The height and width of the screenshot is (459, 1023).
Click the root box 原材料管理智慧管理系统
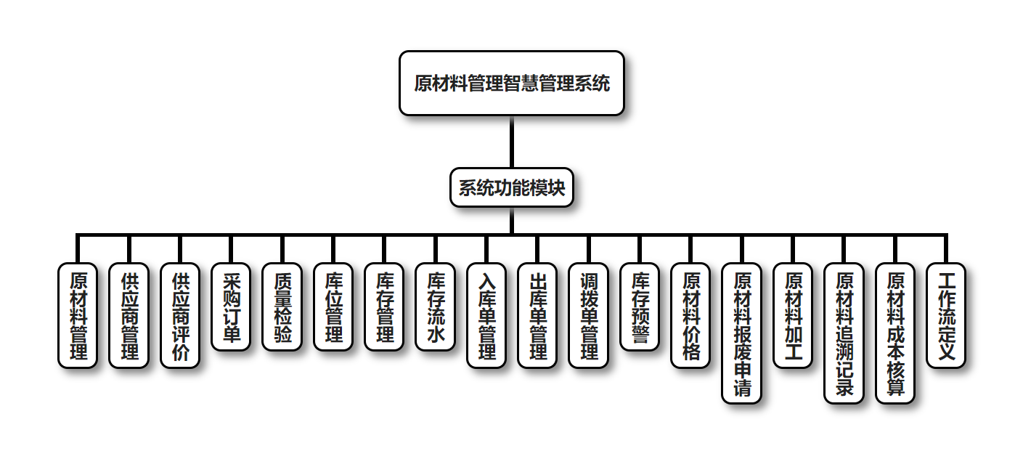[512, 83]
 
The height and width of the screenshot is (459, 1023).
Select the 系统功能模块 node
[512, 188]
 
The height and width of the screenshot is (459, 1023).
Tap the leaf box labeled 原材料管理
[77, 315]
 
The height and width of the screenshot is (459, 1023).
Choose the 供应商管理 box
[129, 315]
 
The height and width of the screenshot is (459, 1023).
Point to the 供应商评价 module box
[179, 315]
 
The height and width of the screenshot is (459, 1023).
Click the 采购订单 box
[231, 306]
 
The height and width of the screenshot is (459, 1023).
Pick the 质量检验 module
[282, 306]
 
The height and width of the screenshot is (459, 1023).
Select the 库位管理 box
[333, 306]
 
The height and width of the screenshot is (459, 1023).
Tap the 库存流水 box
[435, 306]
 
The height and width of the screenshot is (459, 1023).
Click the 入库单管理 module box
[486, 315]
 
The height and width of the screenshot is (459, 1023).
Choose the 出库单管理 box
[537, 315]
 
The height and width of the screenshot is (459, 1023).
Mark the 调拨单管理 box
[588, 315]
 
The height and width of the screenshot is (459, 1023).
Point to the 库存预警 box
[640, 306]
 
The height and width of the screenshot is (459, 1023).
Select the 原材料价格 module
[690, 315]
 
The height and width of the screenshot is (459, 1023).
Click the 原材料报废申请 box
[742, 333]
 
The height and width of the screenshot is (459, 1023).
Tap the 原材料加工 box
[793, 315]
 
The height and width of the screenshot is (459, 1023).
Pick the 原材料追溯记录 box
[844, 333]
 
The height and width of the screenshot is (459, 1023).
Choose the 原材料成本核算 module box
[895, 333]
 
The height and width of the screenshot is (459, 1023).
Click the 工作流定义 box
[946, 315]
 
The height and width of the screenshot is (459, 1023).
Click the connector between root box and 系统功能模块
[512, 142]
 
